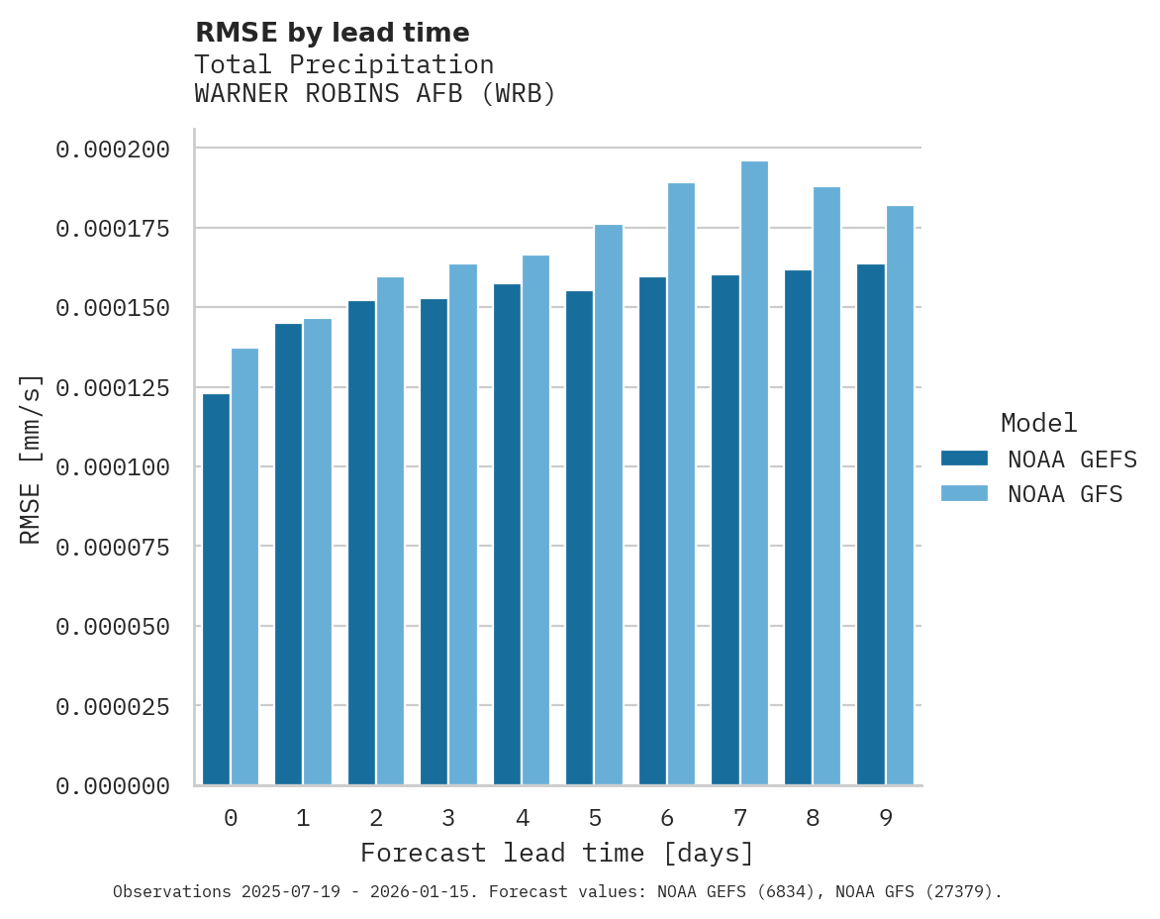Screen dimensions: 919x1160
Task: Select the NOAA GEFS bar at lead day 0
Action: pos(216,589)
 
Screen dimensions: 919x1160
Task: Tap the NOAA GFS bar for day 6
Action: pos(681,484)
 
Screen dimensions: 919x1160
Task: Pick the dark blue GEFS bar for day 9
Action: pos(871,525)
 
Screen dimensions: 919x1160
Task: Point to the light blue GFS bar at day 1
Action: pos(318,552)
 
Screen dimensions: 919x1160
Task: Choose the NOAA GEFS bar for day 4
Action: pos(507,535)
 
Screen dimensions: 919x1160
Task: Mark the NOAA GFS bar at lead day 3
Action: pos(463,525)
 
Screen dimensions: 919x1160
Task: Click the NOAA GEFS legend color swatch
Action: pos(964,459)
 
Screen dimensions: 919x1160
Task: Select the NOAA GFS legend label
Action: pos(1065,494)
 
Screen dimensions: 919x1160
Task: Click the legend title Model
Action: pos(1038,423)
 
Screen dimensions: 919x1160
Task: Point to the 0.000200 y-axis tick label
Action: pos(113,150)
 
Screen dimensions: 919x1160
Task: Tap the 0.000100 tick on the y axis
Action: pos(113,467)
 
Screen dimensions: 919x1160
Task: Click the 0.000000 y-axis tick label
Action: pos(113,786)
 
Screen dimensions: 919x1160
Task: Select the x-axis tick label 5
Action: pos(595,818)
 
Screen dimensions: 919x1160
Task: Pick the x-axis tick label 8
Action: pos(813,818)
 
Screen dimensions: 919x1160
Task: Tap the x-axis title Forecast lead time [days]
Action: pos(557,854)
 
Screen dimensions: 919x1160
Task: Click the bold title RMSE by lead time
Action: pos(332,33)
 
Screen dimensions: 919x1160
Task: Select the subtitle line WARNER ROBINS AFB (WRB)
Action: pos(375,94)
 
